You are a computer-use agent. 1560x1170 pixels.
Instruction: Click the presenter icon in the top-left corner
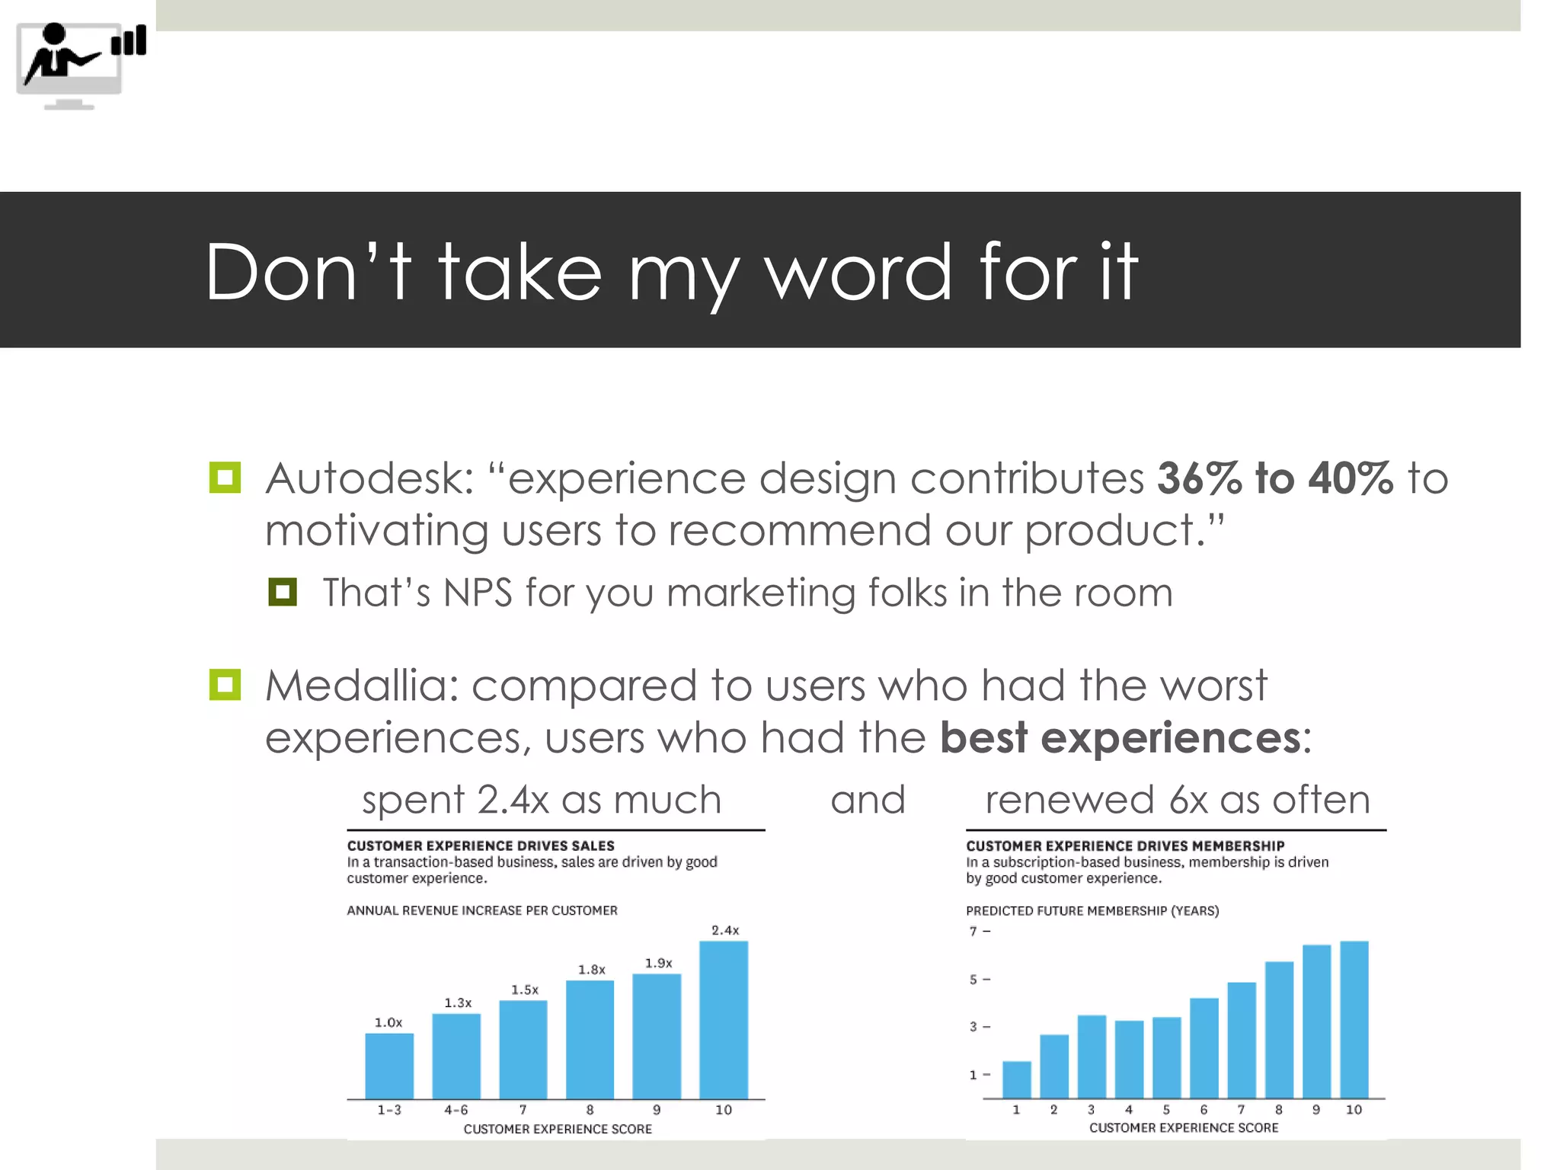point(79,66)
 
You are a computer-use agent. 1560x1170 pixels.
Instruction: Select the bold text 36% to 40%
point(1274,479)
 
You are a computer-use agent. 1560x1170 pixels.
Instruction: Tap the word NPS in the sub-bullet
point(478,593)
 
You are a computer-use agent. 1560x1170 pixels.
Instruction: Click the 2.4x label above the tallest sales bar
point(724,930)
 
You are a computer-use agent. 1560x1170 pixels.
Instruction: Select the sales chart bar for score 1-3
point(389,1066)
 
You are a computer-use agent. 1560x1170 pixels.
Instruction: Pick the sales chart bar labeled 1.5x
point(523,1049)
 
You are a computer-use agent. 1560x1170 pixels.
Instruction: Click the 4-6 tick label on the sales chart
point(456,1110)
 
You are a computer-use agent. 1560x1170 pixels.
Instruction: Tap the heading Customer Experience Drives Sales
point(481,846)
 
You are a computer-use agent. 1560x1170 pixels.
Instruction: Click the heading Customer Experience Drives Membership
point(1125,846)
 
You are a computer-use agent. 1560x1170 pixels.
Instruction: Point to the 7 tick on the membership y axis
point(973,931)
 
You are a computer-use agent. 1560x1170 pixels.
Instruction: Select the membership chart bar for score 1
point(1016,1079)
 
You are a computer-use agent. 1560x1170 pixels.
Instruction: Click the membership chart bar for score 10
point(1354,1019)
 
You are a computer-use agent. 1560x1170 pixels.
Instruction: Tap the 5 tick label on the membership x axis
point(1166,1110)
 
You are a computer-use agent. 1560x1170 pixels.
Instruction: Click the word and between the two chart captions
point(868,800)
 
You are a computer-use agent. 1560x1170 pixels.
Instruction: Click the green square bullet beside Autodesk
point(225,478)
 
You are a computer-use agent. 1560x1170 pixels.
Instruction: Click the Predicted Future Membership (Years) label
point(1092,910)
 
